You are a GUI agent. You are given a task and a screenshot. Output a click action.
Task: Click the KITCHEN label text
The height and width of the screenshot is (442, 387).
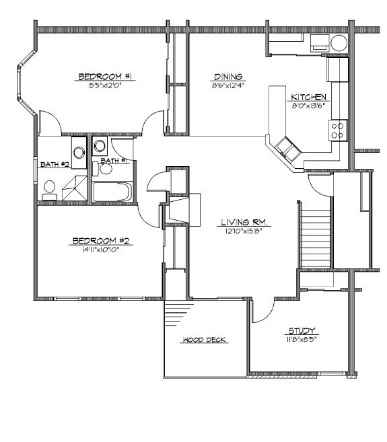[309, 97]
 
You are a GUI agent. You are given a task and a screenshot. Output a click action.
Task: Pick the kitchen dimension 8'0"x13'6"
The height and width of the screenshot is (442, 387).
[309, 105]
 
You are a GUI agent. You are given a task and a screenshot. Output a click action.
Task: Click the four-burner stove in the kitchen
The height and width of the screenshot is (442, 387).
[338, 129]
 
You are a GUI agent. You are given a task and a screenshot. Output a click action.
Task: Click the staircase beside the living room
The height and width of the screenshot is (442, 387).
[316, 237]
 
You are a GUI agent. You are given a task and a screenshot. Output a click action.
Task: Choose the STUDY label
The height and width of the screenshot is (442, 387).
[302, 330]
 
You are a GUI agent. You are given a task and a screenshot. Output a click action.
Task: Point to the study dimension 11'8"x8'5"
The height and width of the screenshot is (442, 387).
[302, 338]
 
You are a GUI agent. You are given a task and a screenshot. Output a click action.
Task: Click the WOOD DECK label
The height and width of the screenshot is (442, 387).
[203, 340]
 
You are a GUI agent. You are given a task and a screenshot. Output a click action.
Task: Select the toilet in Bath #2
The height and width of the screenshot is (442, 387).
[50, 190]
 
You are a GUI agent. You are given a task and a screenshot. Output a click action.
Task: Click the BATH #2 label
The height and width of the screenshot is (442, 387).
[50, 163]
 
